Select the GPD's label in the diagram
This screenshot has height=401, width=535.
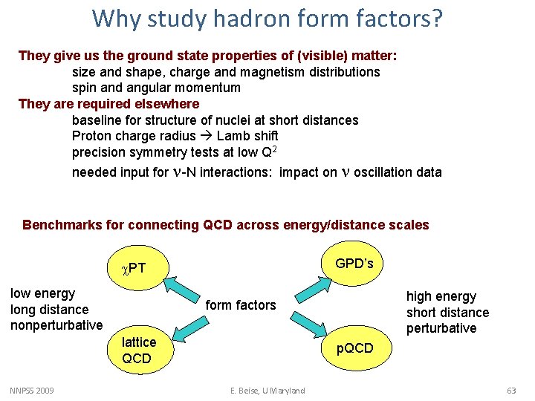354,264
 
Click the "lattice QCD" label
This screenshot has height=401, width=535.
139,351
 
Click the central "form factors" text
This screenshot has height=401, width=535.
240,304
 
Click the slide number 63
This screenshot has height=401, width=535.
510,391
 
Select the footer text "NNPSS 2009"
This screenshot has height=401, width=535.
32,391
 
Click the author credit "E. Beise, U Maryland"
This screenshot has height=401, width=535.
267,391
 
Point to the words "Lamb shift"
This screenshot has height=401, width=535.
247,136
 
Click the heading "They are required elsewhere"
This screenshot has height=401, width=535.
108,104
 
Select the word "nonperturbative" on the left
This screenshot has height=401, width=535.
56,325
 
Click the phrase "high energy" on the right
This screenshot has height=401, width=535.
441,296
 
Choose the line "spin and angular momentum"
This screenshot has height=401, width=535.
156,88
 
